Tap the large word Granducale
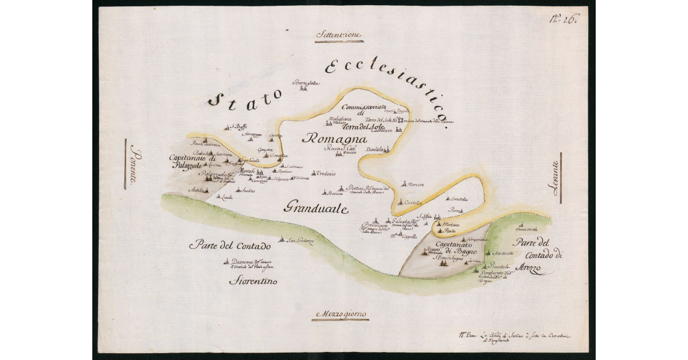tap(315, 208)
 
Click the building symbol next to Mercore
tap(404, 184)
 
